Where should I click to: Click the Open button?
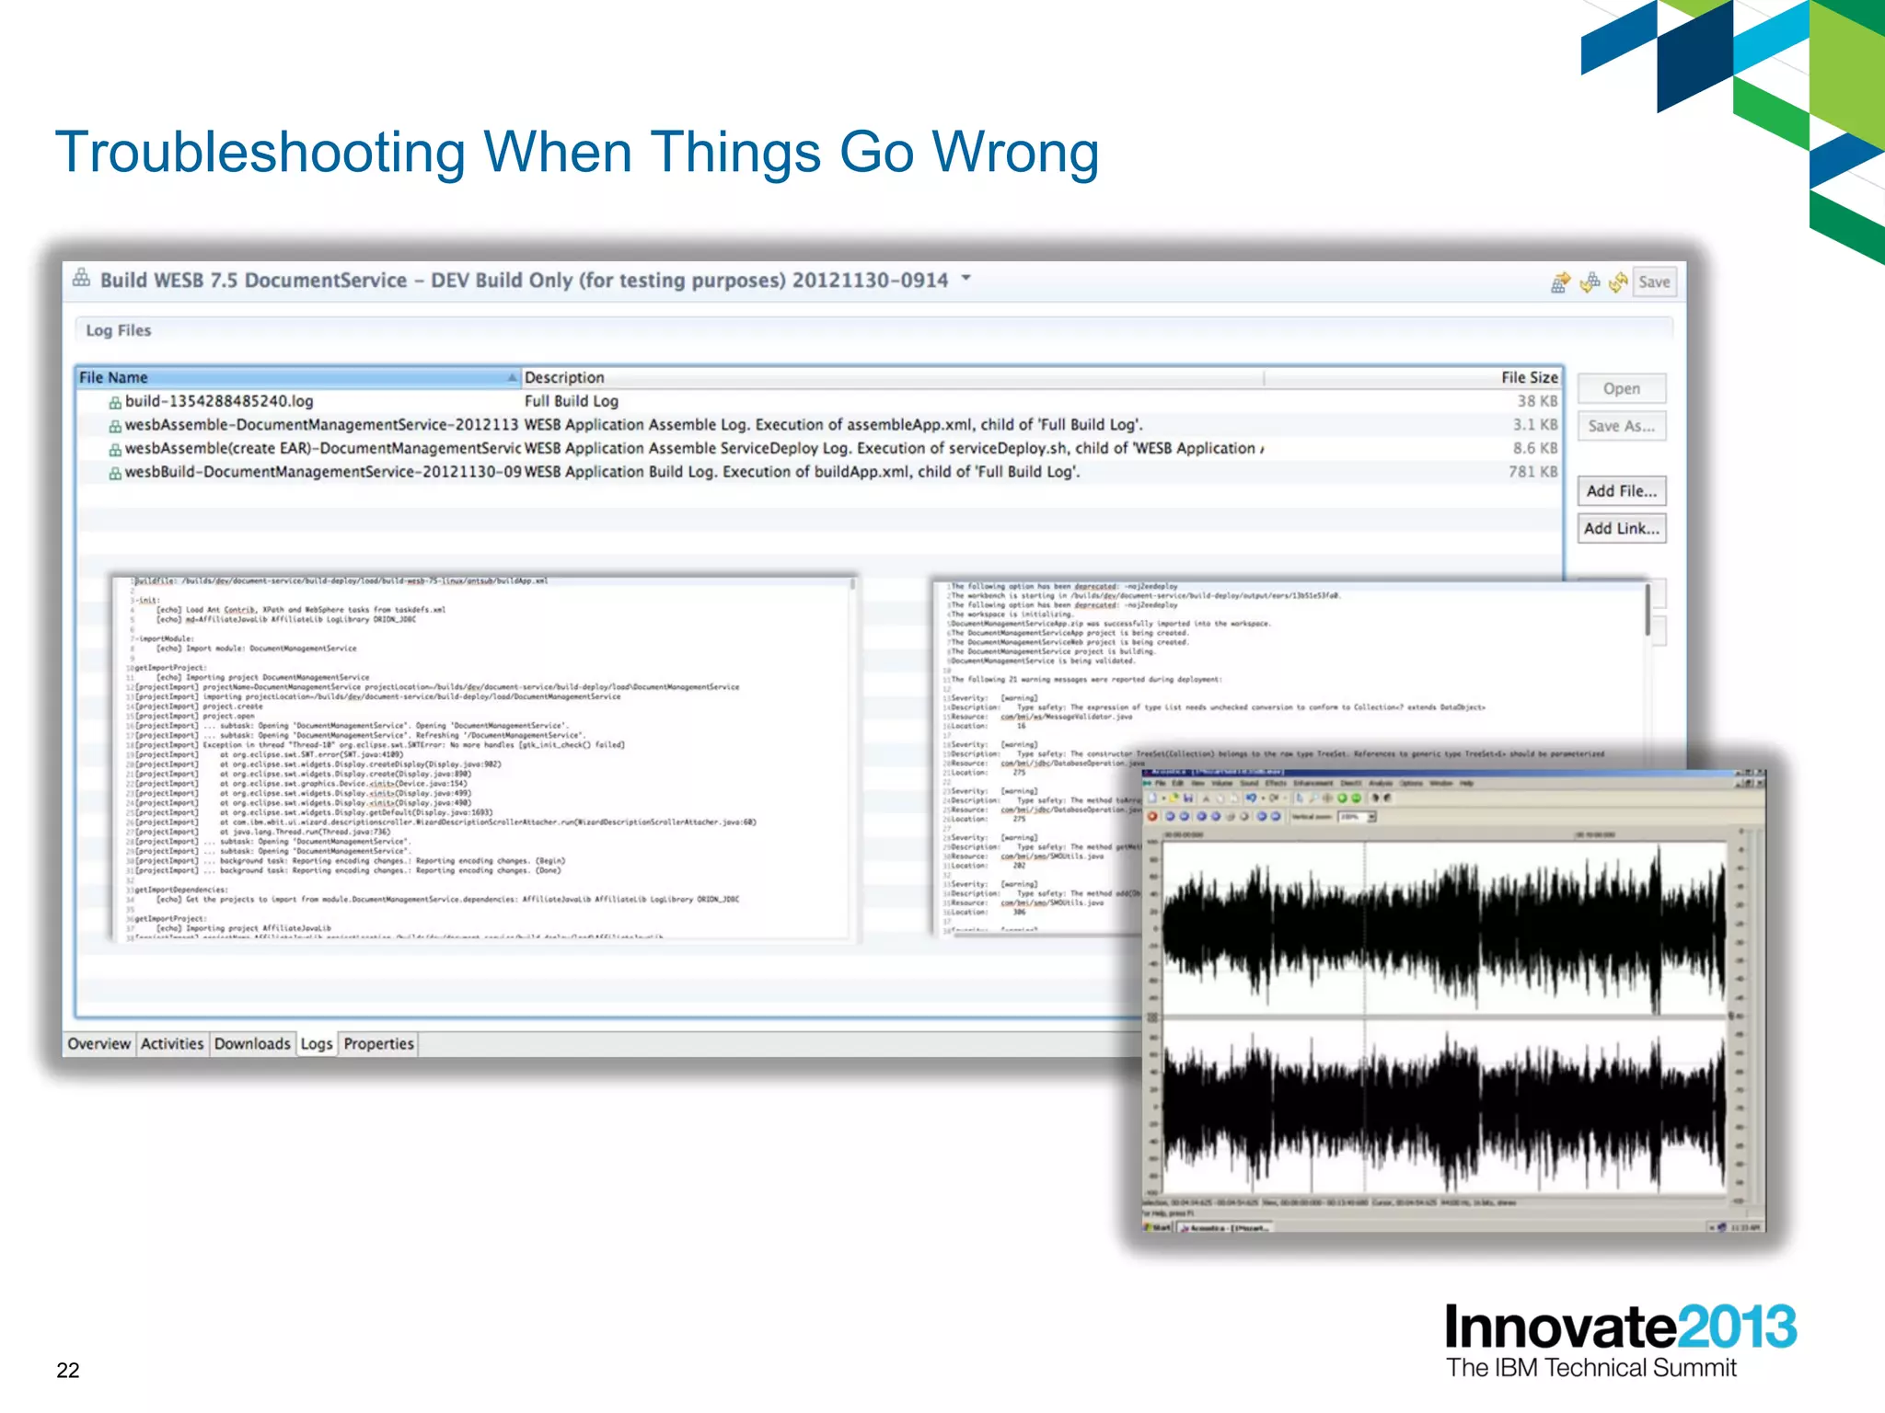1621,388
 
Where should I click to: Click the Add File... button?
1621,491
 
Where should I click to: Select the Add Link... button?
1621,529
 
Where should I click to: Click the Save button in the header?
1653,282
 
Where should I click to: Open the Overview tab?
98,1044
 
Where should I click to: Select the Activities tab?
172,1044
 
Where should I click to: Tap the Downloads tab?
252,1044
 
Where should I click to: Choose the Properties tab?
378,1044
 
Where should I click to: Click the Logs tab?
317,1044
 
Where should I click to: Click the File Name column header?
113,377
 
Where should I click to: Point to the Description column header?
564,377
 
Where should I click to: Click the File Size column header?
1529,377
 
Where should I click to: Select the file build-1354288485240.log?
219,401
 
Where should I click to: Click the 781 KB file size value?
1532,472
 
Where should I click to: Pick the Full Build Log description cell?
572,401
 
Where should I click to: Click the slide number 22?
68,1370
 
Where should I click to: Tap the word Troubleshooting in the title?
260,152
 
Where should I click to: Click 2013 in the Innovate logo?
1736,1327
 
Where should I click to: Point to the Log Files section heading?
118,330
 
